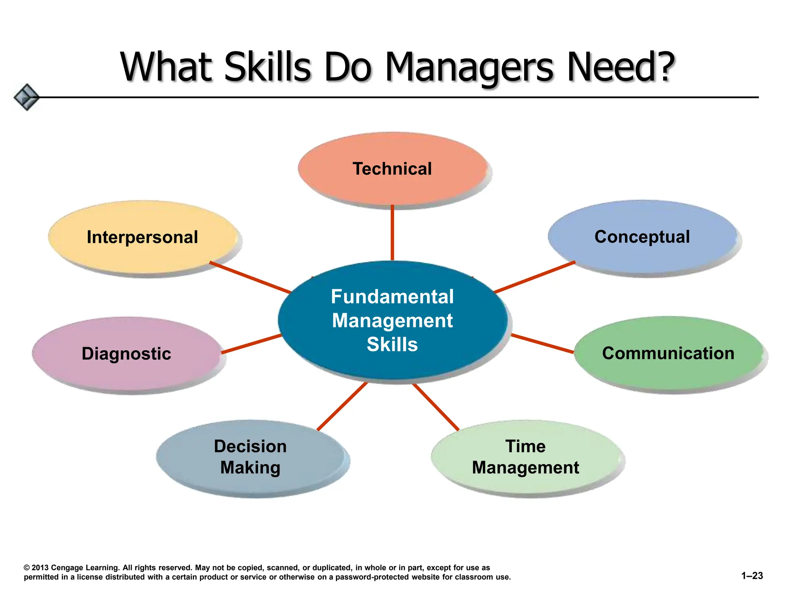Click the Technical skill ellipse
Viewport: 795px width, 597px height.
(x=392, y=169)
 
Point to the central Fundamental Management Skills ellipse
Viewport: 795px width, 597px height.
(x=392, y=320)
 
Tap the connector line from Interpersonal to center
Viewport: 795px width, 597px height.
(x=250, y=277)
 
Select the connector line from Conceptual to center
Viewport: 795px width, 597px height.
(x=534, y=277)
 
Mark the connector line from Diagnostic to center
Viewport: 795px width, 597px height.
(x=252, y=344)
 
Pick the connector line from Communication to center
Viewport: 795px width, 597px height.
(x=542, y=343)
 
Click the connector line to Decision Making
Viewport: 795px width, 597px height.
(x=342, y=406)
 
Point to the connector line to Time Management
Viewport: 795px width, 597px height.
(x=436, y=407)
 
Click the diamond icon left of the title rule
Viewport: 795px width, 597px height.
(x=26, y=97)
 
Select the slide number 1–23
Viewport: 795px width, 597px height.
(x=752, y=576)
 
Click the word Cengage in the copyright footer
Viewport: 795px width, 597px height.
(x=66, y=568)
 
